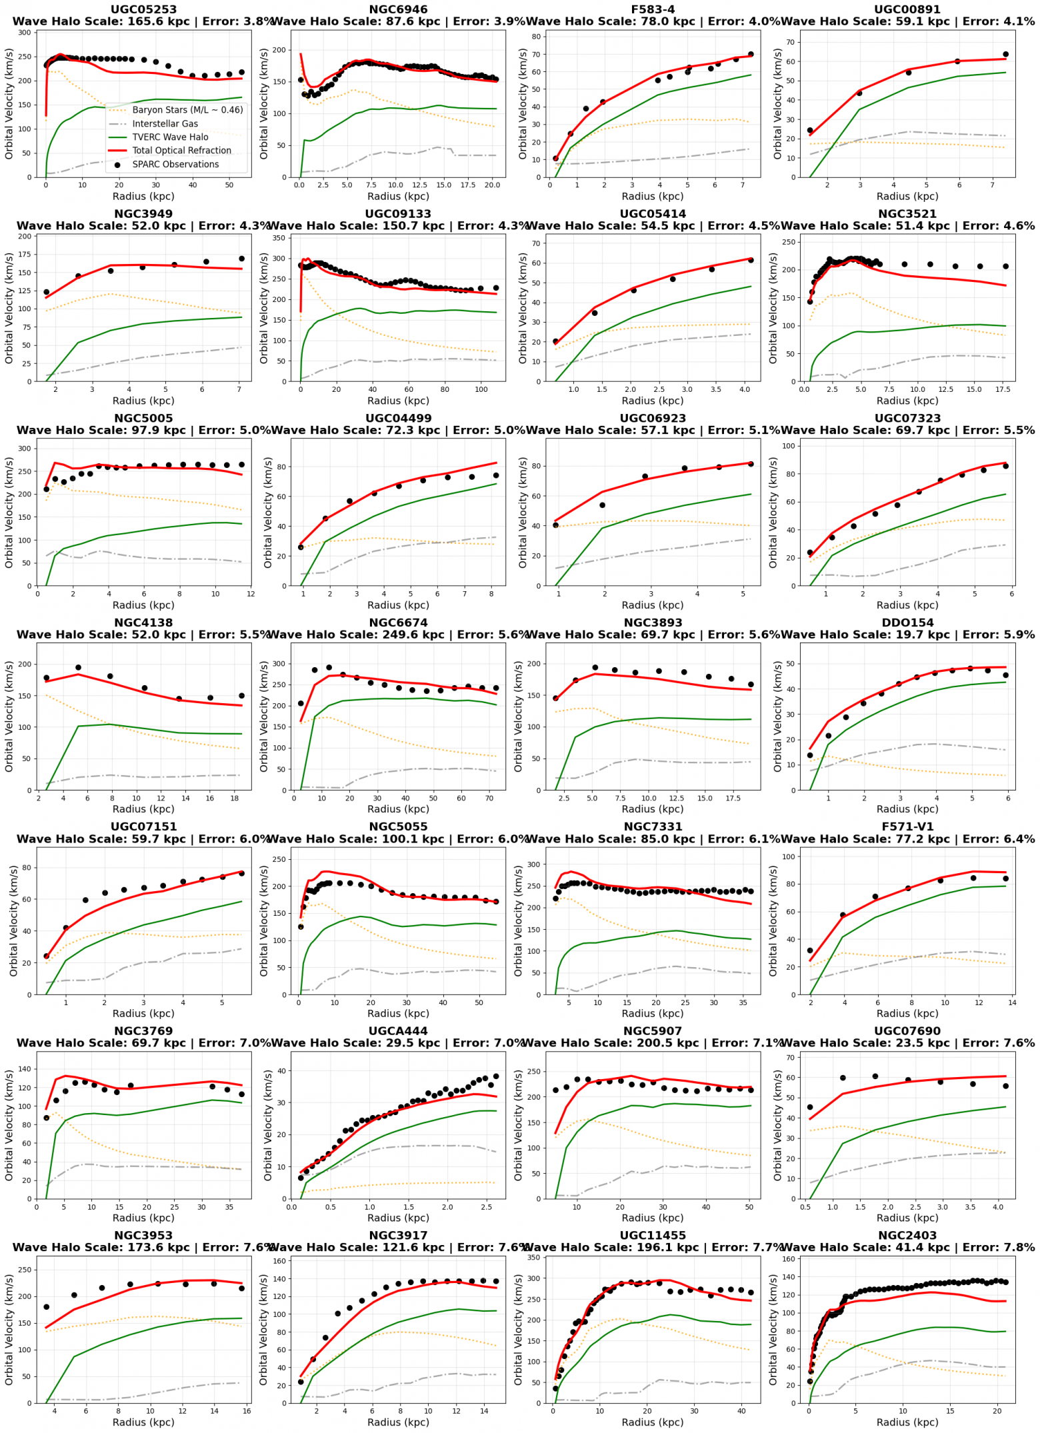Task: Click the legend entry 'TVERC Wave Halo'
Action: click(170, 137)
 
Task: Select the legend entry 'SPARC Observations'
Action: click(175, 165)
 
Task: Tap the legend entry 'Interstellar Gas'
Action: click(165, 124)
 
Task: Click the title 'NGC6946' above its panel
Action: click(398, 9)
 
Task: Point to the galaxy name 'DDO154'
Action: click(907, 623)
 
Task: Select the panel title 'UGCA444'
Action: click(398, 1031)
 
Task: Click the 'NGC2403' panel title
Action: click(907, 1235)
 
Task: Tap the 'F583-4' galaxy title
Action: click(653, 9)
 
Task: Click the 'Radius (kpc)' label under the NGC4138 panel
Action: click(143, 808)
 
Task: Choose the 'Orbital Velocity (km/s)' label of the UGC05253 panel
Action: click(9, 103)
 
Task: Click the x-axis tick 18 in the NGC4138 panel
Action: click(235, 798)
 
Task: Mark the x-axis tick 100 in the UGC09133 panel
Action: click(481, 389)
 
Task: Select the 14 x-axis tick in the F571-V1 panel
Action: click(1012, 1002)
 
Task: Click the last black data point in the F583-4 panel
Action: click(751, 55)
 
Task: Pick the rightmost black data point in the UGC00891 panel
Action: click(1005, 55)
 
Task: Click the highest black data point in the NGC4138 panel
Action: click(78, 667)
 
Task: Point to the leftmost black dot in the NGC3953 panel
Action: click(46, 1307)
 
